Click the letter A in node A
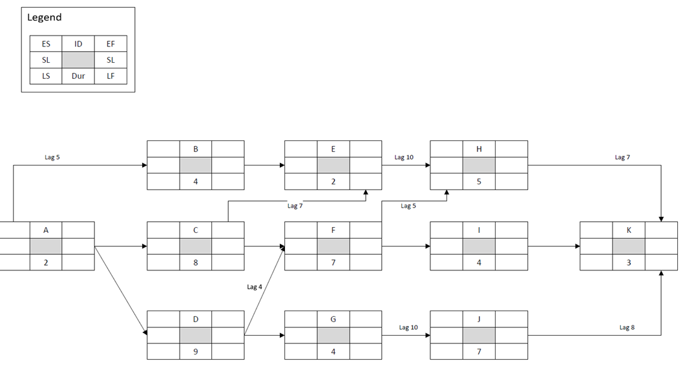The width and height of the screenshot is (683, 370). [46, 230]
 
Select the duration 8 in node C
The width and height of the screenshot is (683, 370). [196, 263]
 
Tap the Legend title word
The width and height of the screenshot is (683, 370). [45, 17]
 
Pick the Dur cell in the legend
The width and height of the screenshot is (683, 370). [78, 76]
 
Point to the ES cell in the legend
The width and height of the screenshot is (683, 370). [46, 44]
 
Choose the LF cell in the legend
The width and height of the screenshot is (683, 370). [110, 76]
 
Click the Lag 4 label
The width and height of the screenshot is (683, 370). [255, 287]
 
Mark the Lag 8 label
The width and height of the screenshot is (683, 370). [627, 327]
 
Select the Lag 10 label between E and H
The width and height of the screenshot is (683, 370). [404, 157]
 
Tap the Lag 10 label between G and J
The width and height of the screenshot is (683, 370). [408, 327]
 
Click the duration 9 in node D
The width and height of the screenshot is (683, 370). [196, 352]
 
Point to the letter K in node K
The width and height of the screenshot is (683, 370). [629, 230]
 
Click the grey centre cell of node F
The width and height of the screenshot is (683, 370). [333, 246]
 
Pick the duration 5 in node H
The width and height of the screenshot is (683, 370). [479, 182]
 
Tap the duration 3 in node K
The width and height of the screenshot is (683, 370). [629, 263]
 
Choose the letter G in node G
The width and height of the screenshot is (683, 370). [333, 319]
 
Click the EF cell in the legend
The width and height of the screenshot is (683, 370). [110, 44]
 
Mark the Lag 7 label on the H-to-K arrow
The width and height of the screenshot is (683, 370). [622, 157]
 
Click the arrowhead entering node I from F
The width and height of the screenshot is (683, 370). [427, 246]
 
